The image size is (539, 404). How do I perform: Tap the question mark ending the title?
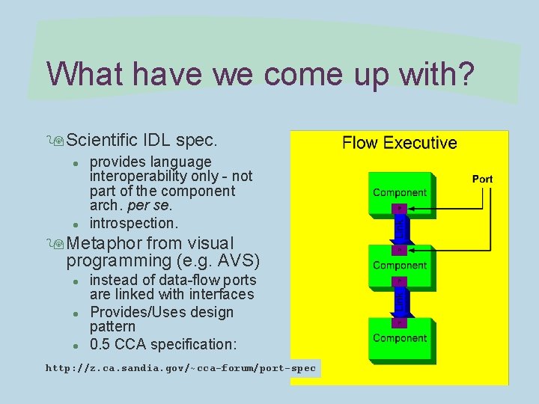464,74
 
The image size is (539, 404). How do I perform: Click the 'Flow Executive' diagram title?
399,143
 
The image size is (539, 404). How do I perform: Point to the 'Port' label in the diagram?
482,179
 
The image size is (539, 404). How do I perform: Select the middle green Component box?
400,266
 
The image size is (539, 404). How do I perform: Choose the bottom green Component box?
400,339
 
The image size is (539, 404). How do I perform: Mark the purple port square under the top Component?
400,208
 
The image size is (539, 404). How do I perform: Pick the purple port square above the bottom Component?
400,322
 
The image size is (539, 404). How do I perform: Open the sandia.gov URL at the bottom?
181,368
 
